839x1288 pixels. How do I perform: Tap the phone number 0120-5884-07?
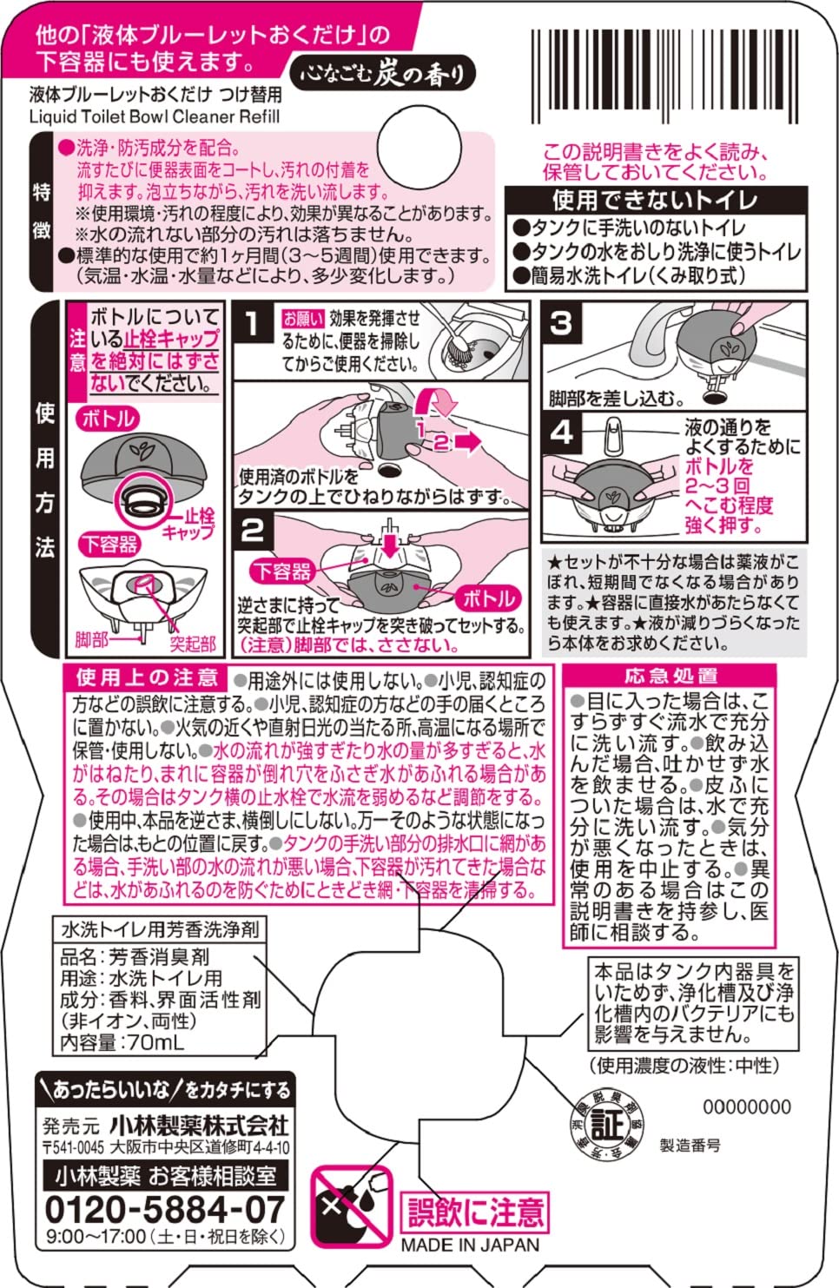pos(164,1209)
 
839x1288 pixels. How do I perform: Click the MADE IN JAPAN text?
pos(470,1244)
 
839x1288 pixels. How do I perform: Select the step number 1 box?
pos(251,325)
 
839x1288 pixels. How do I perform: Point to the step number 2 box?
pos(252,530)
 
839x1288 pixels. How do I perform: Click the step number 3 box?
pos(561,323)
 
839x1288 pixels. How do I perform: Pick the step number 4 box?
pos(561,432)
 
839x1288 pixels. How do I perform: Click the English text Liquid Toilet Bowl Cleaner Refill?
pos(155,116)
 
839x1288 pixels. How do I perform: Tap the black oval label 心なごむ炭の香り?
pos(382,75)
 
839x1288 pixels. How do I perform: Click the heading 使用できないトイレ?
pos(655,200)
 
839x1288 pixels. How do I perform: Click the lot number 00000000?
pos(746,1106)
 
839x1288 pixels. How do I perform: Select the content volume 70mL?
pos(156,1042)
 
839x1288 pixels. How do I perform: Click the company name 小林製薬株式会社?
pos(198,1126)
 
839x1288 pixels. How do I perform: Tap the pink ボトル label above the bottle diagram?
pos(108,419)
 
